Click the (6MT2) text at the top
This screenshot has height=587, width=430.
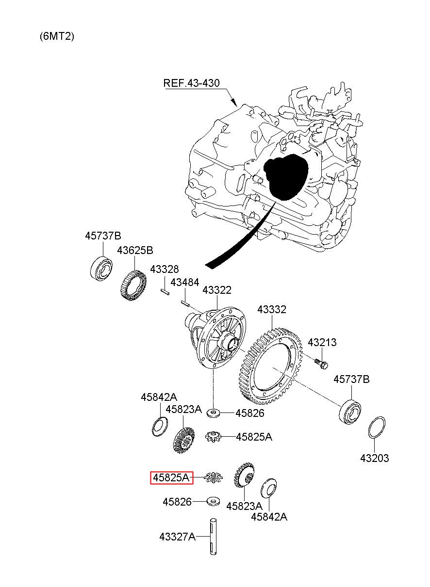click(57, 36)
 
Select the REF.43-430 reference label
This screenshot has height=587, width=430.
click(191, 83)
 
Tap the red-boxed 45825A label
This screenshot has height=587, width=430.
click(171, 478)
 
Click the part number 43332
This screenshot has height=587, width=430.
click(272, 310)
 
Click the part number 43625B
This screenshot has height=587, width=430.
click(135, 250)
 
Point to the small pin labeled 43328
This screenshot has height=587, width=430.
click(165, 291)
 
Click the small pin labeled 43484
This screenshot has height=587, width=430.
click(184, 304)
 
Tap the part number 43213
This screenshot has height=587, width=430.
click(322, 343)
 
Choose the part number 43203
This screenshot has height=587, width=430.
click(374, 458)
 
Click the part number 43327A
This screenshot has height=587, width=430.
click(177, 537)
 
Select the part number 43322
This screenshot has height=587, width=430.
click(217, 290)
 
